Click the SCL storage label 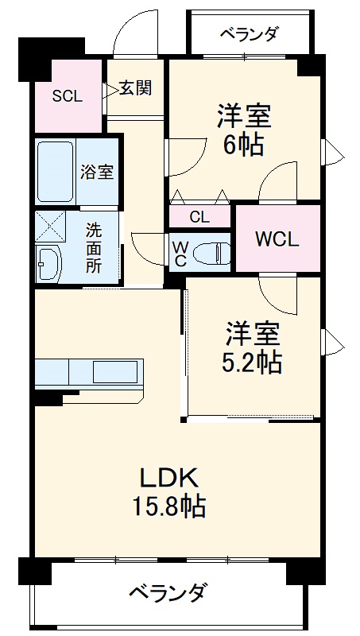coord(68,96)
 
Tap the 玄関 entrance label coord(135,88)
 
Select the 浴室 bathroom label coord(96,173)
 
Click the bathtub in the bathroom coord(56,172)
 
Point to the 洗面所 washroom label coord(94,248)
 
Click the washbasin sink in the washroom coord(48,263)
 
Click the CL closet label coord(199,218)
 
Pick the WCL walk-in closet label coord(277,240)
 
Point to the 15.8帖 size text coord(168,505)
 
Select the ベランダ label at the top coord(250,33)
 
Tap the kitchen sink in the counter coord(115,371)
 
